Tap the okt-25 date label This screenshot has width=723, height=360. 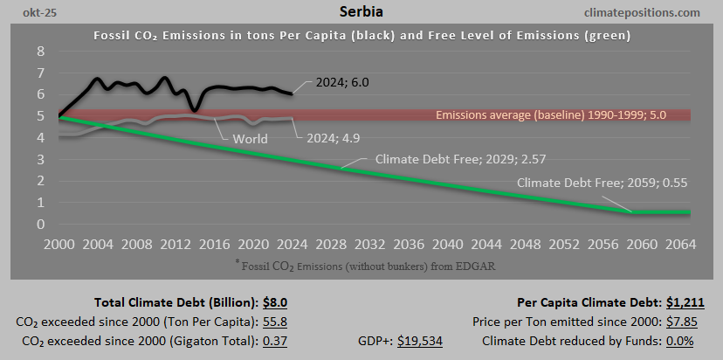click(27, 13)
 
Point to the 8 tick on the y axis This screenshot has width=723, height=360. click(40, 51)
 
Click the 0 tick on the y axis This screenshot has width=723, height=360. click(40, 225)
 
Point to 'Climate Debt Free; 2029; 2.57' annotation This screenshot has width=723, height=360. click(451, 161)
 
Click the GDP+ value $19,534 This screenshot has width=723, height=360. click(420, 341)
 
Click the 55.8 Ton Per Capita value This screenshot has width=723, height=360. click(276, 322)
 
